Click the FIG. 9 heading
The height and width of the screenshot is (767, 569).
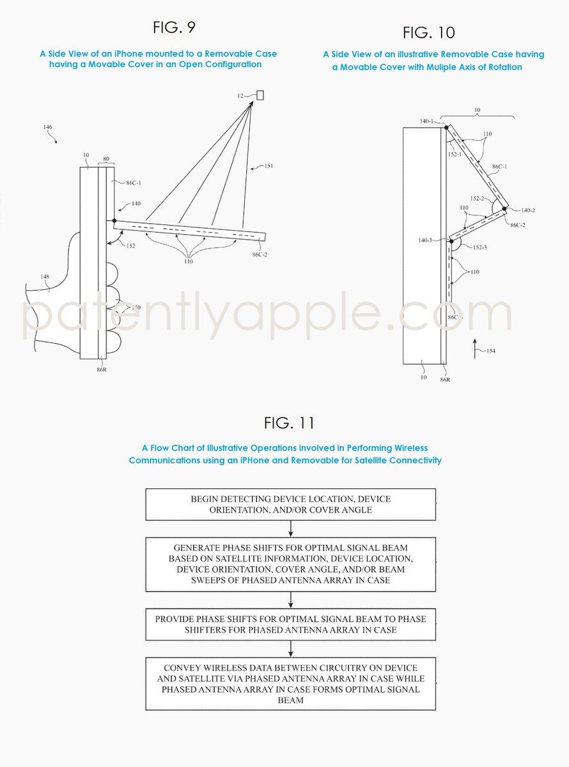174,27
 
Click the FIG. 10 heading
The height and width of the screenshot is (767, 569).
428,33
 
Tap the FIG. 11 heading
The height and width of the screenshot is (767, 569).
289,423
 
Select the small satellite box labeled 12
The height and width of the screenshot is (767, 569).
260,95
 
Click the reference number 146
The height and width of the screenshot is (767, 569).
48,128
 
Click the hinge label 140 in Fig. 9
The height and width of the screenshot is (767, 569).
136,203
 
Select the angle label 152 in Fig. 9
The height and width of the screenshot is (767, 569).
130,245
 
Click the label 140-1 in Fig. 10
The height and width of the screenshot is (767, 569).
427,121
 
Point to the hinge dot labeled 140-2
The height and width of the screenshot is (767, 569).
504,208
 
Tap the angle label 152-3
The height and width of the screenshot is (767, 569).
479,247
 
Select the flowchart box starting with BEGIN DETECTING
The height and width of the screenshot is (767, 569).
290,504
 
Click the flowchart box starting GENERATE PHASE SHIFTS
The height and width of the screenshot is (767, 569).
290,564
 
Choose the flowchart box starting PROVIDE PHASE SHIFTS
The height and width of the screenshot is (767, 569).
290,624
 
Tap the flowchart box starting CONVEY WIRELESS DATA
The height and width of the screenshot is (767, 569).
290,683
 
